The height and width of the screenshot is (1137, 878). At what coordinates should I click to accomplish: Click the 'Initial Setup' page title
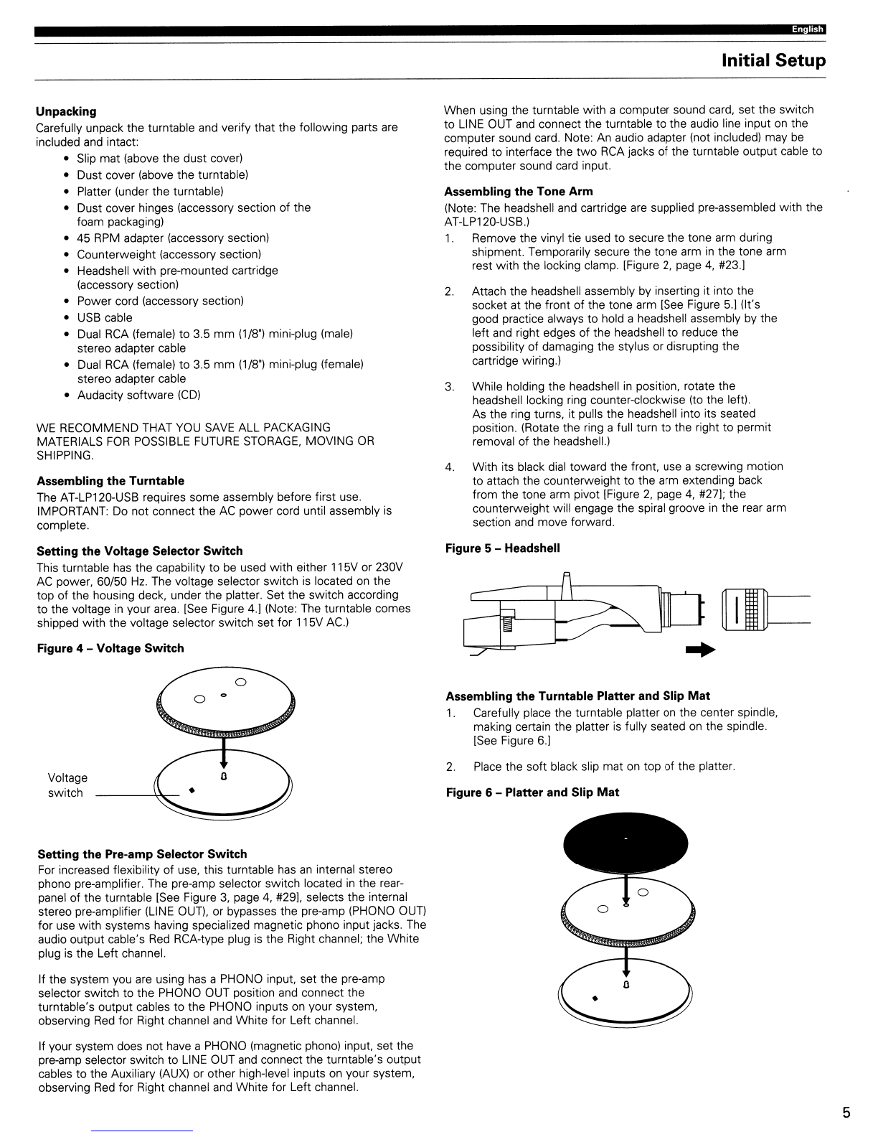tap(773, 61)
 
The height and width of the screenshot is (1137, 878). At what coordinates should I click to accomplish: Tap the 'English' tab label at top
tap(808, 29)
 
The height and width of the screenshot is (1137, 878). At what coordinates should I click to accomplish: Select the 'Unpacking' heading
tap(66, 111)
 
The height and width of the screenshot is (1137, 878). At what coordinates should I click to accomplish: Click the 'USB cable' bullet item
tap(105, 317)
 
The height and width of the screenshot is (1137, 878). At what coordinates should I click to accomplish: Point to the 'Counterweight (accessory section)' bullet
tap(169, 254)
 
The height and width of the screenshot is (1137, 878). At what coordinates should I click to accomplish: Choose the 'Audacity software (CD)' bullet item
tap(139, 395)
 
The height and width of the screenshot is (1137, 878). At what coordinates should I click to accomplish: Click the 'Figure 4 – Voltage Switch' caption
tap(110, 648)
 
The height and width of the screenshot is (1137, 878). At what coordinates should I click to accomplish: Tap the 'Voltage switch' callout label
tap(67, 785)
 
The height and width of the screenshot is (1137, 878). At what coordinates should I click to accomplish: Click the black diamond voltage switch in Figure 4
tap(192, 790)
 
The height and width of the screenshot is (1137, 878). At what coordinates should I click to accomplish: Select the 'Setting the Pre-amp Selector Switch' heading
tap(142, 854)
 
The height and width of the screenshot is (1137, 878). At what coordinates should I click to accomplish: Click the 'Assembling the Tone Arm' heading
tap(519, 192)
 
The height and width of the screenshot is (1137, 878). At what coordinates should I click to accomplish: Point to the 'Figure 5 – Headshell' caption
tap(503, 548)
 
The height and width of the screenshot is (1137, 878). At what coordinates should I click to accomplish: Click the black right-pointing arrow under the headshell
tap(700, 650)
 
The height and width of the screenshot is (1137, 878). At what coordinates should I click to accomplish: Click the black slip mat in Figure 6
tap(626, 843)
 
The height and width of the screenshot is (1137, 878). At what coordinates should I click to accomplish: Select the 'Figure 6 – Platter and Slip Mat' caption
tap(532, 792)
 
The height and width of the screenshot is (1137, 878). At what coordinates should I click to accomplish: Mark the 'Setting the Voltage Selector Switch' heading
tap(140, 551)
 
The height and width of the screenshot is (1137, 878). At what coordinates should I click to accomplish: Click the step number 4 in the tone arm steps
tap(449, 467)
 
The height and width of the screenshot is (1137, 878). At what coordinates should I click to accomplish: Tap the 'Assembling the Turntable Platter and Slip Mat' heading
tap(578, 696)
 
